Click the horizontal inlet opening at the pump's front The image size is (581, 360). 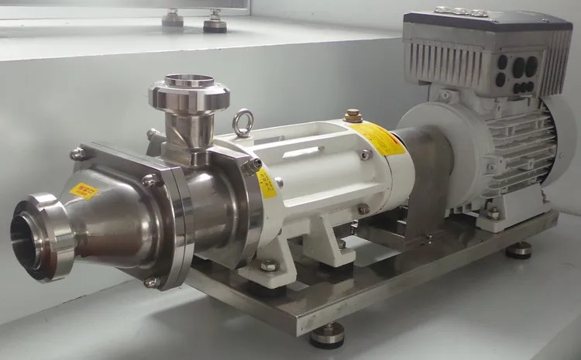coord(31,236)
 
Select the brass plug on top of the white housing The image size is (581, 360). coord(353,116)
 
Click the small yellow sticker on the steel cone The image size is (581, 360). coord(83,191)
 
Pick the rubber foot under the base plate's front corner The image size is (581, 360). coord(327,334)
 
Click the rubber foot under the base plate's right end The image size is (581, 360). coord(518,250)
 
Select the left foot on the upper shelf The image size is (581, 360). coord(173,18)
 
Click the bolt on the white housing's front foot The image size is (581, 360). coord(269,266)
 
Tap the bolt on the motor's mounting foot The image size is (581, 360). coord(493,213)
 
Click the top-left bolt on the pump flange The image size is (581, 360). coord(78,154)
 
